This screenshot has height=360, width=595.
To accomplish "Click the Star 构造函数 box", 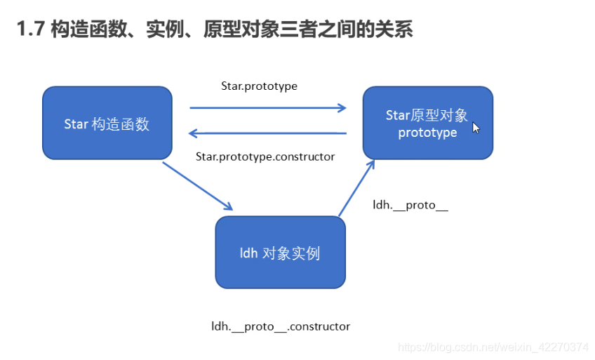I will point(107,123).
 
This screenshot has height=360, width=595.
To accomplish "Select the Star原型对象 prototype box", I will point(427,123).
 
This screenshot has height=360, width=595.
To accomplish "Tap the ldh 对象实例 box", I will point(280,252).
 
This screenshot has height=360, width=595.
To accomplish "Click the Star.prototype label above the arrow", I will point(259,86).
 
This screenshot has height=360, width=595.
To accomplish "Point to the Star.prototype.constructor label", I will point(265,156).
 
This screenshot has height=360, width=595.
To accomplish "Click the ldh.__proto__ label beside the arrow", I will point(410,205).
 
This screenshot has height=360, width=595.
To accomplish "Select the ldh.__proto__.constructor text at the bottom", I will point(281,326).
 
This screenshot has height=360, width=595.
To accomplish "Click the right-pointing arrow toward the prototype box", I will point(268,108).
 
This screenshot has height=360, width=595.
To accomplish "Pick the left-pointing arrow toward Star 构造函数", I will point(268,133).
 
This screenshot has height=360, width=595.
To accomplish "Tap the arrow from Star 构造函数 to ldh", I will point(198,186).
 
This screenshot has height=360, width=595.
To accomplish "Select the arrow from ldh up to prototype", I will point(356,188).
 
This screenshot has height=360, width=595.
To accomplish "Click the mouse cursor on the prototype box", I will point(476,128).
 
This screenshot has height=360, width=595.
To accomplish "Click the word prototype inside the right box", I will point(427,133).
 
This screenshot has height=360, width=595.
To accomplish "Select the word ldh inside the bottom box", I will point(249,253).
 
